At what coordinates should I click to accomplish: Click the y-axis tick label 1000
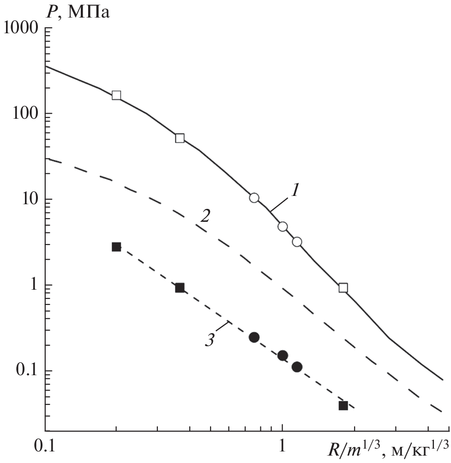[x=20, y=28]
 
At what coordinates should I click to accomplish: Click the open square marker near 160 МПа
[x=116, y=95]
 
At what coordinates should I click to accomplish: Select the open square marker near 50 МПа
[x=180, y=138]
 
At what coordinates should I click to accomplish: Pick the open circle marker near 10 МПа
[x=254, y=198]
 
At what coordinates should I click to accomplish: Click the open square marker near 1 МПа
[x=343, y=288]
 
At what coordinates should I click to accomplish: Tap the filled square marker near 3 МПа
[x=116, y=247]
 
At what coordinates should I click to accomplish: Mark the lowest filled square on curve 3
[x=343, y=406]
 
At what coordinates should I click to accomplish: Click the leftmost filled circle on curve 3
[x=254, y=337]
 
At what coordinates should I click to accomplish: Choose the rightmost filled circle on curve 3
[x=297, y=367]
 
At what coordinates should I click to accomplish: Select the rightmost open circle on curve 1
[x=297, y=242]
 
